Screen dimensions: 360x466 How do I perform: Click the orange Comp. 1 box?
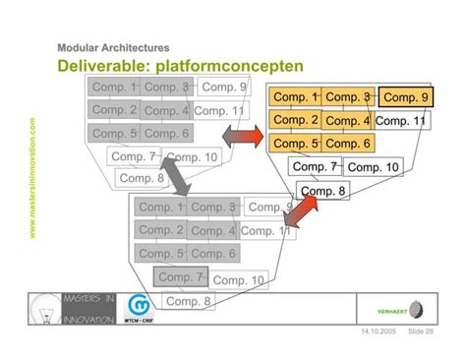coord(295,97)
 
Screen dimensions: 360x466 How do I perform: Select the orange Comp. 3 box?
coord(347,97)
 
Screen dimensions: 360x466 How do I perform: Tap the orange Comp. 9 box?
coord(406,97)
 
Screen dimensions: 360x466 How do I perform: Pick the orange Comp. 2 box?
coord(295,120)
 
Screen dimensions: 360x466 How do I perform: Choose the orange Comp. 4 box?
coord(347,121)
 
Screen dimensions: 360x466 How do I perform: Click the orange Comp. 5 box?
coord(295,144)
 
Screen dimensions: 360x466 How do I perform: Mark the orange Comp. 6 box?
coord(347,144)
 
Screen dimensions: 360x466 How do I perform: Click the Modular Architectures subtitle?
coord(113,47)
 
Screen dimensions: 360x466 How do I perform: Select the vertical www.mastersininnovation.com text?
coord(32,178)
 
